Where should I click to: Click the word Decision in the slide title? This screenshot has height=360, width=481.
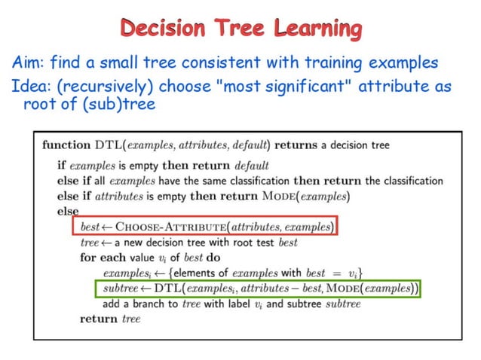(x=162, y=29)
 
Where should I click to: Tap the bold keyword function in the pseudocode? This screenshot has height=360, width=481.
(x=66, y=145)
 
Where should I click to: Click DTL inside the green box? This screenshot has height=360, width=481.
(x=167, y=288)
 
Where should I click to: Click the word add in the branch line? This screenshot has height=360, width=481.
(x=113, y=304)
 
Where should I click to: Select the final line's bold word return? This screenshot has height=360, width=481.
(x=99, y=319)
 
